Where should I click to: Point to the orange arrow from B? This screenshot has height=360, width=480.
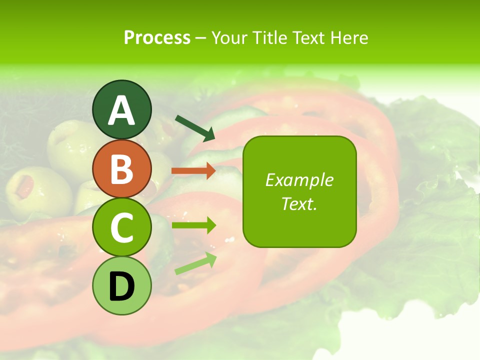[193, 170]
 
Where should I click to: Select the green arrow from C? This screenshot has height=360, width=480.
[193, 225]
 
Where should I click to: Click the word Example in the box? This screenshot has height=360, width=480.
[299, 180]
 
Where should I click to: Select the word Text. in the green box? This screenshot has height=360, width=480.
[299, 203]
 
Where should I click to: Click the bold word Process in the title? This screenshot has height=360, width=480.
[157, 37]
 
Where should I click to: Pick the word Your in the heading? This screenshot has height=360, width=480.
[230, 37]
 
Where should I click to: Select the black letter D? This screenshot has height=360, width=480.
[121, 287]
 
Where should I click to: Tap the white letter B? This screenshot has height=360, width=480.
[121, 169]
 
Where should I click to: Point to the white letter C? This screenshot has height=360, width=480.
[121, 228]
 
